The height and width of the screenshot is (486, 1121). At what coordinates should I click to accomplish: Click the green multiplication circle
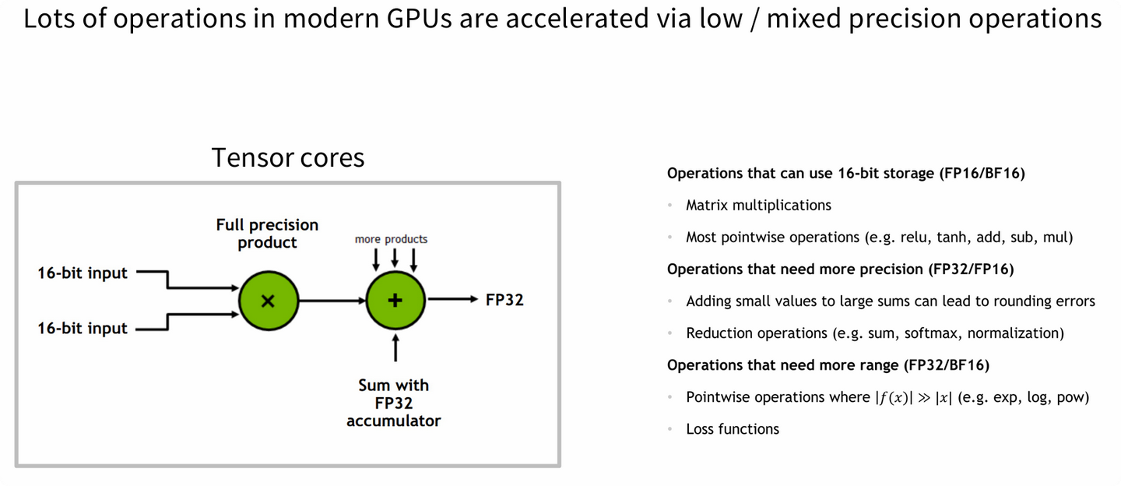(268, 300)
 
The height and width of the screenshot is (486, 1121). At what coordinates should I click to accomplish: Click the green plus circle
(395, 300)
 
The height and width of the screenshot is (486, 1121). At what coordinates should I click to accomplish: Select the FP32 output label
(504, 300)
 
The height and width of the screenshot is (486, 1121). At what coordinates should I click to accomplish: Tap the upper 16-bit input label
(83, 273)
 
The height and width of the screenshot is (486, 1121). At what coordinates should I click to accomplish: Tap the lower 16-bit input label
(83, 328)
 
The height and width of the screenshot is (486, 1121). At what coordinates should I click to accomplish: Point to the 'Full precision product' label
(267, 234)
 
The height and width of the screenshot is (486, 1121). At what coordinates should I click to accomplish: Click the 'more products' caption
(391, 239)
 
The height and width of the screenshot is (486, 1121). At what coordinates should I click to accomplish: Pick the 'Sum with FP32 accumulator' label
(393, 403)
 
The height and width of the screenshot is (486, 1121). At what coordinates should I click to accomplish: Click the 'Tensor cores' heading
(288, 158)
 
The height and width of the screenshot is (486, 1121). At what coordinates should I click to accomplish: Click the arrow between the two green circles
(332, 300)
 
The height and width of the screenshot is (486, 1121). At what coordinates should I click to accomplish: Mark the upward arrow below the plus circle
(395, 347)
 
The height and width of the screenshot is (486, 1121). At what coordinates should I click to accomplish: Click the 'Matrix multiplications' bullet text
(758, 206)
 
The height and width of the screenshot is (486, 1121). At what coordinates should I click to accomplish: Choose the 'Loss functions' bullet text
(732, 429)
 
